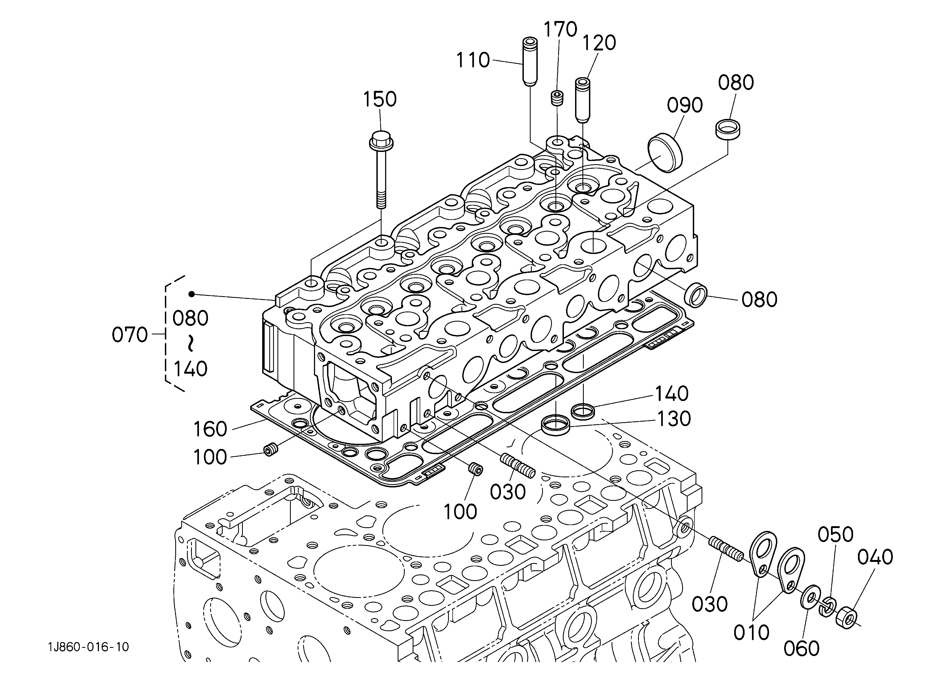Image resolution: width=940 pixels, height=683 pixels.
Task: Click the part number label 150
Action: pos(380,100)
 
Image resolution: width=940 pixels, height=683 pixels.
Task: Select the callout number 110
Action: pos(473,61)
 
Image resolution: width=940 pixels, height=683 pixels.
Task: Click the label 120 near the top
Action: pos(599,43)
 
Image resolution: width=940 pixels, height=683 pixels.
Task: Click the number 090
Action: pos(685,105)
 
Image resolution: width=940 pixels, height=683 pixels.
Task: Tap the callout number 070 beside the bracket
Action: pos(130,335)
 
